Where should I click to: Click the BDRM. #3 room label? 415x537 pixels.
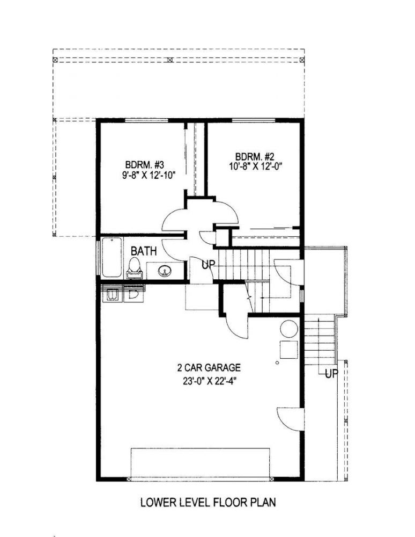point(145,164)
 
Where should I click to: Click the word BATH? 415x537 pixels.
point(144,251)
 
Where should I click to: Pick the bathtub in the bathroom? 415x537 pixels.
point(112,257)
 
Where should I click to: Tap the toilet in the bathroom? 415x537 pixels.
point(135,268)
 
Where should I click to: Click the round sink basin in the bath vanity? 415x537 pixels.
point(165,271)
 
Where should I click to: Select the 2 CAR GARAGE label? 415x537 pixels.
point(209,368)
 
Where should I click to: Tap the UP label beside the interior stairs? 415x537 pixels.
point(208,264)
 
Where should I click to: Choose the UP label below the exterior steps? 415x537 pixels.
point(331,374)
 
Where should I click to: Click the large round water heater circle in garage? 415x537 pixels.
point(289,329)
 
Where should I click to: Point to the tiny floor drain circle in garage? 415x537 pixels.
point(277,362)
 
